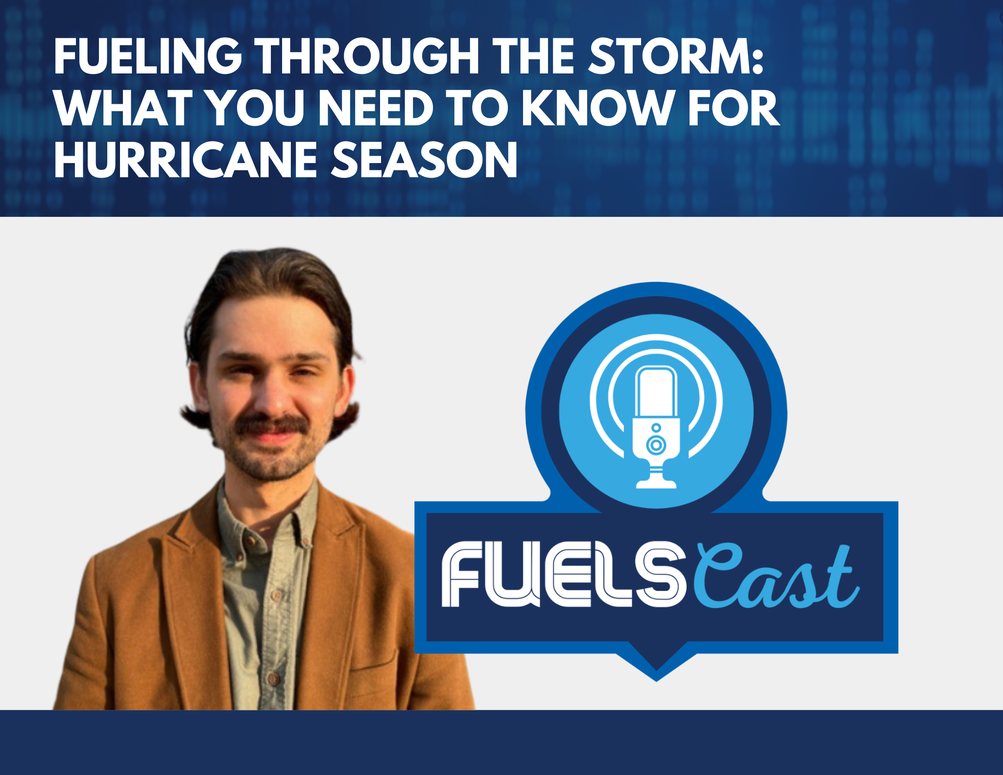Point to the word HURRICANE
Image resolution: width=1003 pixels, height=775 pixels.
(x=186, y=159)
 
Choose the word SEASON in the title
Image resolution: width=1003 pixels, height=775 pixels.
(x=424, y=159)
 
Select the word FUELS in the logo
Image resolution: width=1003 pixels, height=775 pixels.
(x=563, y=576)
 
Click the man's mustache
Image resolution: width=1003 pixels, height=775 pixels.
(x=272, y=425)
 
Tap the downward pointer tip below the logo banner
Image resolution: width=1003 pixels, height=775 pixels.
(x=656, y=681)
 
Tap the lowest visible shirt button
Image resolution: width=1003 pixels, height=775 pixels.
(x=272, y=679)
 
